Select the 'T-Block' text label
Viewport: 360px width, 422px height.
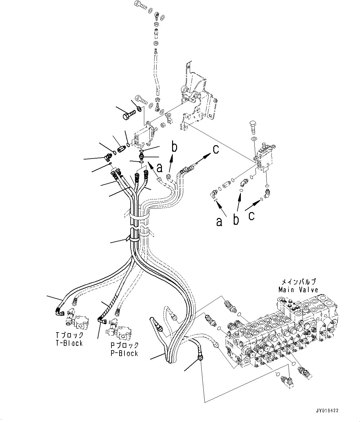69,343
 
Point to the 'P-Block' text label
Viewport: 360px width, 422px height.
124,353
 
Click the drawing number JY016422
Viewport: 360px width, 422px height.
327,411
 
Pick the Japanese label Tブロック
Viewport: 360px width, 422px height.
69,335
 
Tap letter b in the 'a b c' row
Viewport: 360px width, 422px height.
236,220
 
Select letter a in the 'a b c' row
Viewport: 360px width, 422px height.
219,222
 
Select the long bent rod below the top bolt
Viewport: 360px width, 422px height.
157,71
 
